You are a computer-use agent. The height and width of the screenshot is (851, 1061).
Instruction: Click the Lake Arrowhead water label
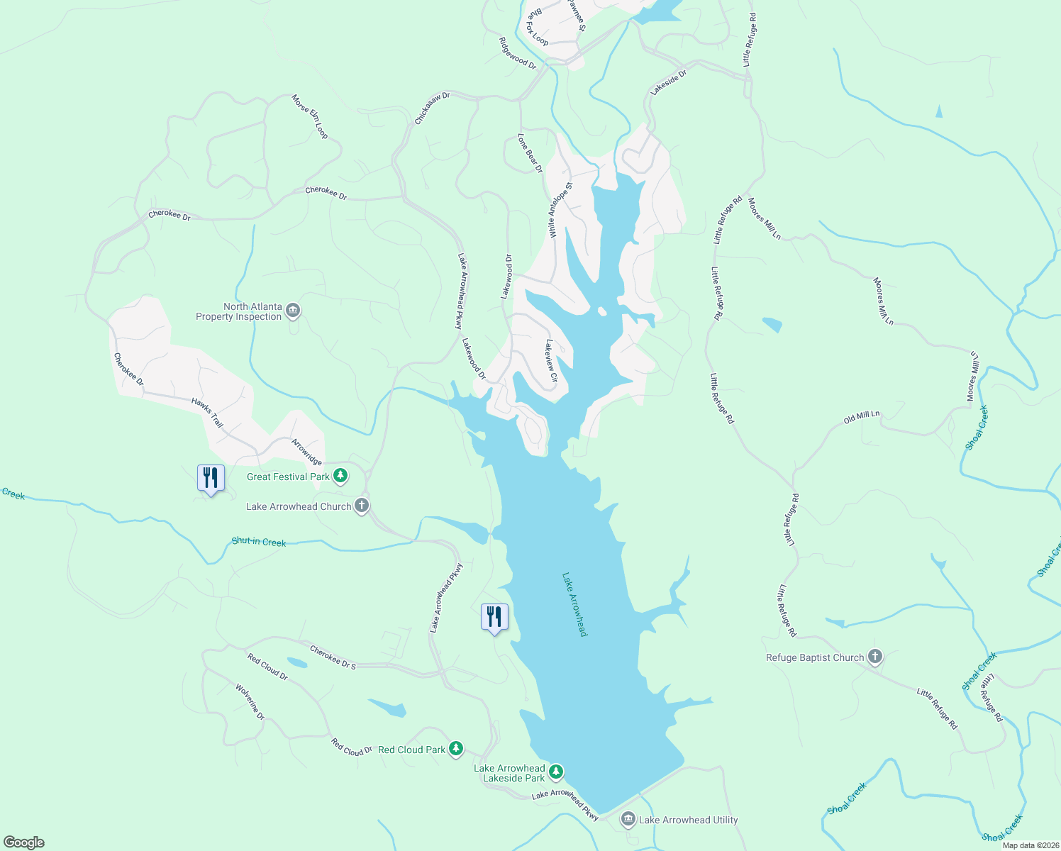[x=575, y=604]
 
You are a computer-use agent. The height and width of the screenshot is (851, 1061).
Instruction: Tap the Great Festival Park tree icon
[x=340, y=476]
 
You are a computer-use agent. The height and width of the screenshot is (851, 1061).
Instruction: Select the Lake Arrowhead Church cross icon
[x=362, y=506]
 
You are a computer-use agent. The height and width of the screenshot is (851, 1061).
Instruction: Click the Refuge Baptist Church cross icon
[x=875, y=657]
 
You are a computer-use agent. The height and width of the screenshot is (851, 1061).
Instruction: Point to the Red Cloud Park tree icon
[x=456, y=748]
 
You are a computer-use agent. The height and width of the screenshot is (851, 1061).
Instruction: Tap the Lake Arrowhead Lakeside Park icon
[x=557, y=771]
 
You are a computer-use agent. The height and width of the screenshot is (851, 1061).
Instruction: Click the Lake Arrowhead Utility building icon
[x=628, y=820]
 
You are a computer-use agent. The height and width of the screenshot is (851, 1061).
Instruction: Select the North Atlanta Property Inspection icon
[x=293, y=311]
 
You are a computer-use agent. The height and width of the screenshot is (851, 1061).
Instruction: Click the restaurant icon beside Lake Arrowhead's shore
[x=494, y=617]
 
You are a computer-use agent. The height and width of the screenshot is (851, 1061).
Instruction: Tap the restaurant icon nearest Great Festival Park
[x=211, y=478]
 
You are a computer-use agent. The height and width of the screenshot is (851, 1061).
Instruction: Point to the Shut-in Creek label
[x=259, y=542]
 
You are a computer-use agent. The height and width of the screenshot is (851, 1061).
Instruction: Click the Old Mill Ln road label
[x=862, y=417]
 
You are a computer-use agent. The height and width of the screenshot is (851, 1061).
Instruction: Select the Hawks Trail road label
[x=207, y=413]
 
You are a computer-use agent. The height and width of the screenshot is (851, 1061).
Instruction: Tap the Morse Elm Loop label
[x=310, y=116]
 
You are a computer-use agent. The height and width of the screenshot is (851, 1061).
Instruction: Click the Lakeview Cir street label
[x=551, y=360]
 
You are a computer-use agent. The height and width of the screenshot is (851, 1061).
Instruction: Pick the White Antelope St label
[x=560, y=208]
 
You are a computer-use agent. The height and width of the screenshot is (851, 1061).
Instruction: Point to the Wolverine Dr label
[x=250, y=701]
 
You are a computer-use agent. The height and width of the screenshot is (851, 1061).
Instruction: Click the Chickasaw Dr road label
[x=432, y=108]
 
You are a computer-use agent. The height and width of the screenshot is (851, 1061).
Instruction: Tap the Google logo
[x=24, y=842]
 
